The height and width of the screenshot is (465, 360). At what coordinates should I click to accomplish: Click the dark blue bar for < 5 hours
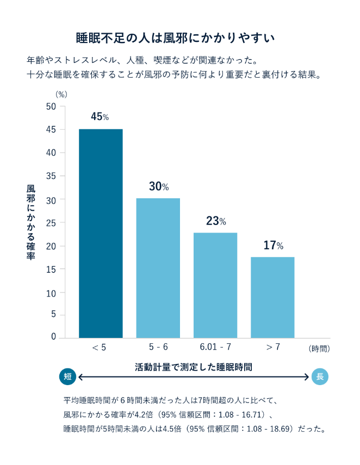[101, 234]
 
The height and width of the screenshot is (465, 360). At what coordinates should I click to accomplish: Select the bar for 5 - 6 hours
[158, 268]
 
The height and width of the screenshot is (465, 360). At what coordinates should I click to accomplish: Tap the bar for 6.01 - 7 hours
[215, 285]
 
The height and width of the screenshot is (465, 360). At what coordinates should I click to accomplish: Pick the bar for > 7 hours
[272, 297]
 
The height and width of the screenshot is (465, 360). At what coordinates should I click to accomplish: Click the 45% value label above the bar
[100, 117]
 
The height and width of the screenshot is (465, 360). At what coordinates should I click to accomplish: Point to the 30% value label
[158, 186]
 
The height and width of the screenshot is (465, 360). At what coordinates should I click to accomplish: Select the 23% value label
[215, 221]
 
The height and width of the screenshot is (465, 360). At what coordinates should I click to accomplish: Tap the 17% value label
[273, 246]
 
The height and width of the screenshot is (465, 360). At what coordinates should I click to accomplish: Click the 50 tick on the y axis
[51, 106]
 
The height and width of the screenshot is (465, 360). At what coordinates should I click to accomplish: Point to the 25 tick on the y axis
[51, 222]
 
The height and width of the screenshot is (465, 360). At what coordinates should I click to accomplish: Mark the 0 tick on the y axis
[54, 337]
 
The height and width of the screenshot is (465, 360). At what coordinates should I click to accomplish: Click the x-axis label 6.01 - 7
[215, 347]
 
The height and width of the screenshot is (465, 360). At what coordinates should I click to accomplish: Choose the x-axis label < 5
[100, 347]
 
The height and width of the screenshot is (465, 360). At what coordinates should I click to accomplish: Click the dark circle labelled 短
[67, 376]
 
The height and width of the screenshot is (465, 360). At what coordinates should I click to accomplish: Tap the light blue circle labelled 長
[320, 376]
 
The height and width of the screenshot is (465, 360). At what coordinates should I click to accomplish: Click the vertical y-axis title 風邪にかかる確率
[31, 222]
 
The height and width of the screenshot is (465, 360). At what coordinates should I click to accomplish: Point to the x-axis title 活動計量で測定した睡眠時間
[194, 367]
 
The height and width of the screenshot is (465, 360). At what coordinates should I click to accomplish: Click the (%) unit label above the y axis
[61, 94]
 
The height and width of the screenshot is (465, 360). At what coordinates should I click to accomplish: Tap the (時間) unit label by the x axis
[319, 348]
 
